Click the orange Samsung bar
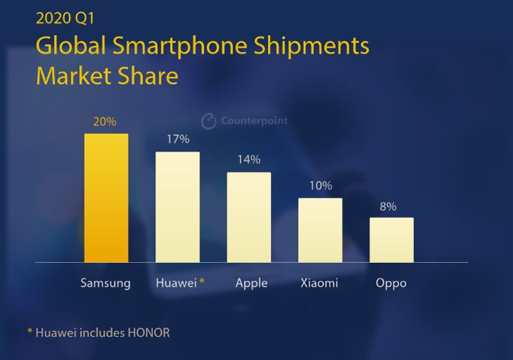click(x=106, y=198)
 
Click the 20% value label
click(x=105, y=122)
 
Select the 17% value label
click(x=178, y=140)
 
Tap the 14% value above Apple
click(x=249, y=159)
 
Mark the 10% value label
click(x=320, y=185)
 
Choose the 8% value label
click(x=388, y=206)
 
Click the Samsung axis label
click(x=105, y=283)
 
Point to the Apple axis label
click(x=251, y=283)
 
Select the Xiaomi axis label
click(x=320, y=283)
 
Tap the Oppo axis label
click(x=391, y=283)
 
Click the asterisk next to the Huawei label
click(x=202, y=281)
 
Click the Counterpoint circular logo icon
click(x=209, y=121)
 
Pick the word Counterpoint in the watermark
click(x=254, y=121)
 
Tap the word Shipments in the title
click(x=312, y=47)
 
